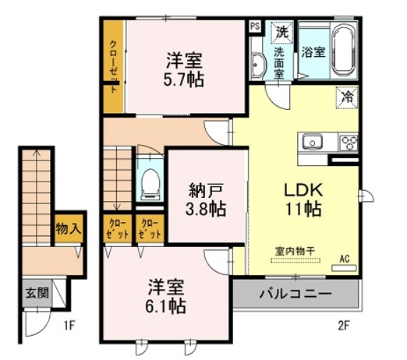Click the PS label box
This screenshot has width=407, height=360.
(255, 26)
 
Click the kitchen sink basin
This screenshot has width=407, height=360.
(314, 142)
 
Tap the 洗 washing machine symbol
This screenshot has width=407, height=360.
(279, 32)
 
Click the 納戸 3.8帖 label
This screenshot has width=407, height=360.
(207, 199)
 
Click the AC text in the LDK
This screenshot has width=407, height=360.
(345, 256)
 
